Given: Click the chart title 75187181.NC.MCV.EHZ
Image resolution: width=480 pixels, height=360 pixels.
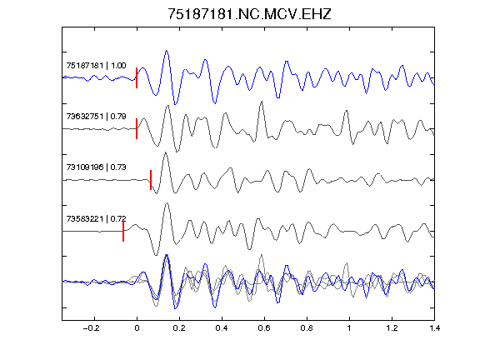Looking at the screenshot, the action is tap(249, 14).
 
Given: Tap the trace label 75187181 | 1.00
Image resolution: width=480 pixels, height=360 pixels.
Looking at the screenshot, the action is tap(96, 66).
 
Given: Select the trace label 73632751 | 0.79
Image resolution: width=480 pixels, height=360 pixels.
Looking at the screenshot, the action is tap(96, 117).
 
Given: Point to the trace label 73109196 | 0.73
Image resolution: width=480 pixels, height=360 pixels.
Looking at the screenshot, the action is tap(96, 167).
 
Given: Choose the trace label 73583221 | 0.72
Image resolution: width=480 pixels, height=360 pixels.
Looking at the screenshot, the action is tap(96, 218).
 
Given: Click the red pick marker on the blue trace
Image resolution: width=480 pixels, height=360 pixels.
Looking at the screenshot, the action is tap(137, 77).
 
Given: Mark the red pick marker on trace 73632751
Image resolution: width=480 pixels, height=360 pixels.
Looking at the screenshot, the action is tap(137, 128).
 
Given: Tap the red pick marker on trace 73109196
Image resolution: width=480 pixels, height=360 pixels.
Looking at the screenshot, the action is tap(151, 180).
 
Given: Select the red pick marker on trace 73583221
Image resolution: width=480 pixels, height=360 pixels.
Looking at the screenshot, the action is tap(123, 231).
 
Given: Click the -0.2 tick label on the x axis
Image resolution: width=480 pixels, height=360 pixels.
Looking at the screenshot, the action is tap(92, 328).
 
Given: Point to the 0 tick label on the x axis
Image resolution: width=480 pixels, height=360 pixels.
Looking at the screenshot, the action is tap(137, 328).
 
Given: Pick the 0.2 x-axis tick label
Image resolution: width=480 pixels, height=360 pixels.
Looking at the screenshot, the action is tap(179, 328).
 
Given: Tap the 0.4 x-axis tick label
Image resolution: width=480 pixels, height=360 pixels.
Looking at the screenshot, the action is tap(222, 328).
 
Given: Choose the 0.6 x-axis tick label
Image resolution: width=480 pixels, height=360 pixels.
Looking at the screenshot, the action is tap(264, 328).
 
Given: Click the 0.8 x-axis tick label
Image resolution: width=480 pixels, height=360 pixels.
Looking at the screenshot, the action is tap(307, 328).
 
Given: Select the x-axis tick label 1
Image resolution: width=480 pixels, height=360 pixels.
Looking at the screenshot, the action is tap(349, 328).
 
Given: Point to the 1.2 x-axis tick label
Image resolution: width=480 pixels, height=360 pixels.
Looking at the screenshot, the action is tap(392, 328).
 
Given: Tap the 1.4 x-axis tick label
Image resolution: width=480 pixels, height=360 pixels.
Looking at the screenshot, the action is tap(434, 328).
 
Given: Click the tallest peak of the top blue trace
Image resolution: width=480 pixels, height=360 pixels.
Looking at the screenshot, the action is tap(166, 51).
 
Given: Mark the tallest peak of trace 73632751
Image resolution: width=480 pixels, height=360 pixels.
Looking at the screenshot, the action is tap(262, 102).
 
